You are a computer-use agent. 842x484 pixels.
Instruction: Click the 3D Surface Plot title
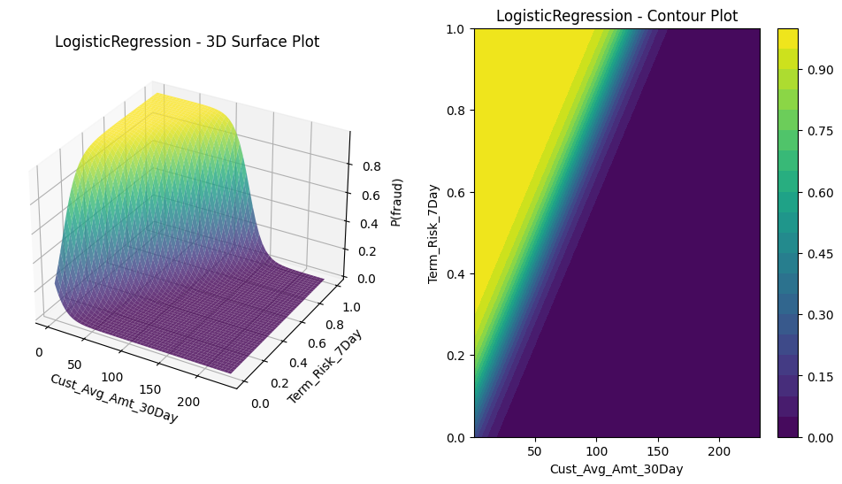pos(187,42)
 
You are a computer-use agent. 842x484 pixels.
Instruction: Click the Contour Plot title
pos(616,16)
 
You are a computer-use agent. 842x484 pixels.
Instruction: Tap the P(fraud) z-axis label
pos(398,202)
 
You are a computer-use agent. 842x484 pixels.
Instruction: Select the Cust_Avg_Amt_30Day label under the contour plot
pos(616,469)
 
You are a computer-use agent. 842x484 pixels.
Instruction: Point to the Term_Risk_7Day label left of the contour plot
pos(433,234)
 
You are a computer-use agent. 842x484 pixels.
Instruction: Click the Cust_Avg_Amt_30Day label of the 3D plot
pos(113,398)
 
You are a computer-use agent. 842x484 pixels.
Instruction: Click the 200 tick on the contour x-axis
pos(719,450)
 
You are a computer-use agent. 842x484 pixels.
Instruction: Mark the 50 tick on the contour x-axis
pos(534,450)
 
